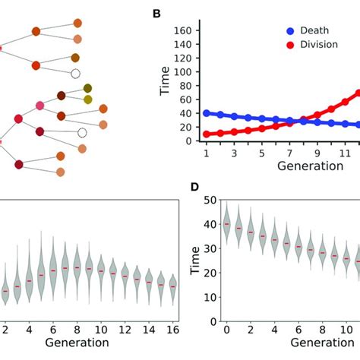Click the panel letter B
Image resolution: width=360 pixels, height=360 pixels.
pos(157,14)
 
